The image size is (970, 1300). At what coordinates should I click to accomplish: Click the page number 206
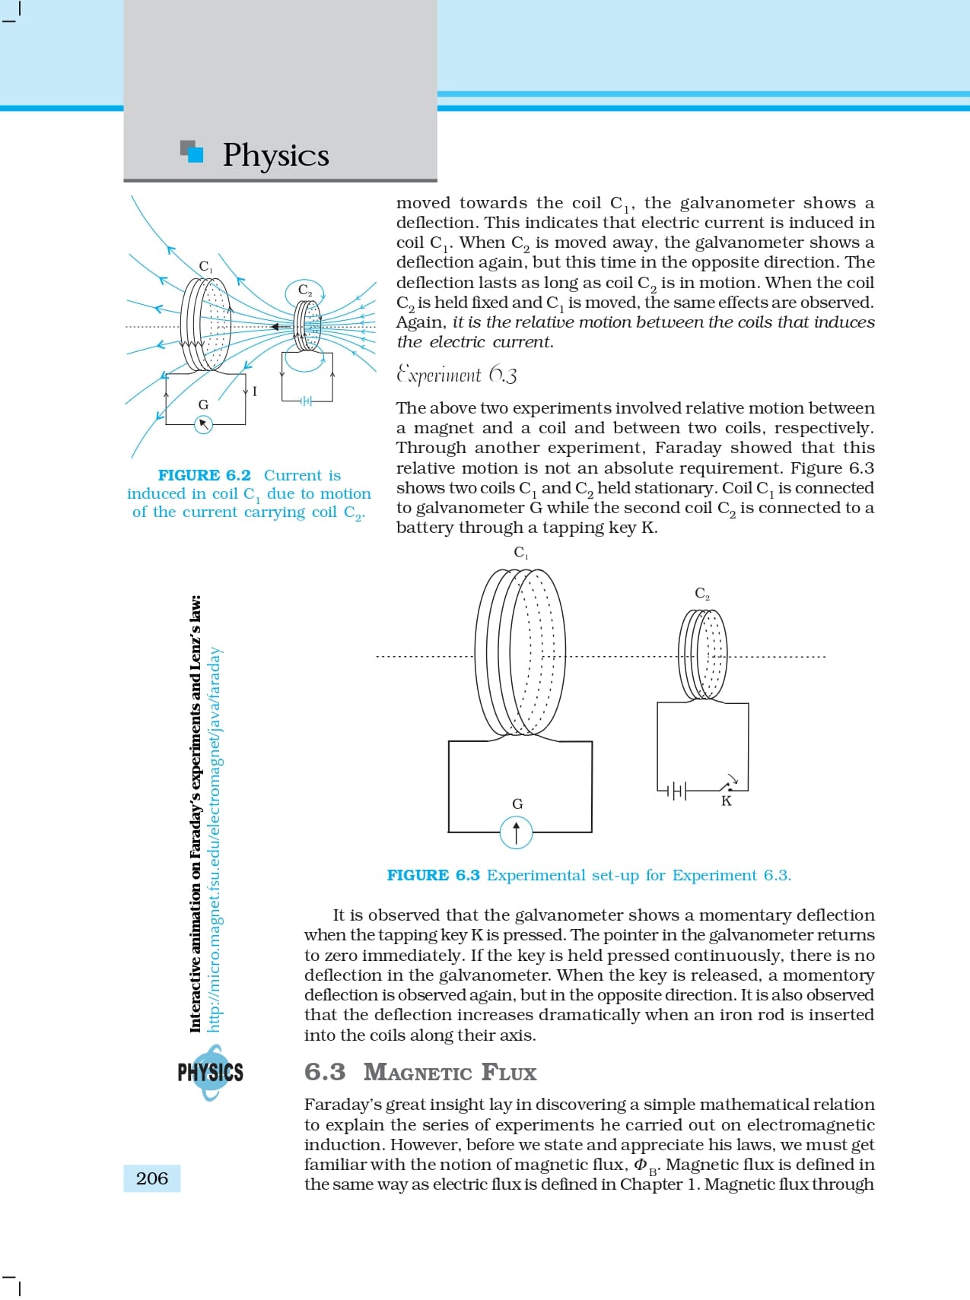(x=152, y=1178)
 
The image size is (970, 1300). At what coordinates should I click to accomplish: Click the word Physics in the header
(x=275, y=154)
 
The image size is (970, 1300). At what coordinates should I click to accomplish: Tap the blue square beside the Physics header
(x=195, y=154)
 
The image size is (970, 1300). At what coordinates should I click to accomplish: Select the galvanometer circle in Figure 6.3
(x=517, y=832)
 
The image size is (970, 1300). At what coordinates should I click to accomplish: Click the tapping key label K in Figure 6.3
(x=727, y=801)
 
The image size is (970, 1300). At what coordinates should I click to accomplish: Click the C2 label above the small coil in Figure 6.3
(x=702, y=593)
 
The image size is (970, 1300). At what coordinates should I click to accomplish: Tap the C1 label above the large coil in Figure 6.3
(x=521, y=553)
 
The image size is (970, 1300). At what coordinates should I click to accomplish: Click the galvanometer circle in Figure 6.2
(x=203, y=425)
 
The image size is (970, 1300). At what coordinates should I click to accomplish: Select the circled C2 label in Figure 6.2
(x=305, y=290)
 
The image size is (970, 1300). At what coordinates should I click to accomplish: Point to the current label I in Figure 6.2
(x=255, y=392)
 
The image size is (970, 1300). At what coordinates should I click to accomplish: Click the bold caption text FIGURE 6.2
(x=204, y=475)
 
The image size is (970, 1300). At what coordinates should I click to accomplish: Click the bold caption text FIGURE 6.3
(x=433, y=875)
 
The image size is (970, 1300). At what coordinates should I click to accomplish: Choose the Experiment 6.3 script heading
(x=456, y=375)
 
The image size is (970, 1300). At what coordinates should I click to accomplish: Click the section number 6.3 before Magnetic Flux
(x=325, y=1072)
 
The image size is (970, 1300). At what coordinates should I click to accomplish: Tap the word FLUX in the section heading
(x=508, y=1073)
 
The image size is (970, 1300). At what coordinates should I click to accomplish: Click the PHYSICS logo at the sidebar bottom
(x=210, y=1073)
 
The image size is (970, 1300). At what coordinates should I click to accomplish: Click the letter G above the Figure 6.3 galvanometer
(x=517, y=804)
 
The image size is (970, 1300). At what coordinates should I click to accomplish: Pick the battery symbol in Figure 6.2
(x=306, y=401)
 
